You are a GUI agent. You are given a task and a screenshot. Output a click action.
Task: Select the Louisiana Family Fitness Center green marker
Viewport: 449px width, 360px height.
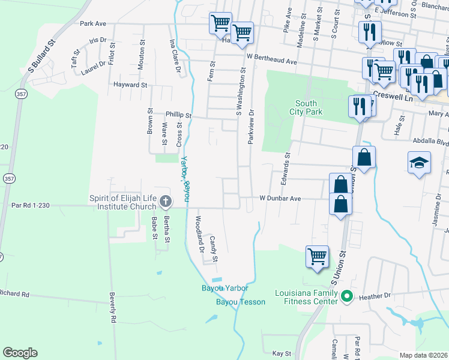tap(346, 296)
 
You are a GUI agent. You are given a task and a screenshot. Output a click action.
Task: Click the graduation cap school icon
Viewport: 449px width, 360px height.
tap(418, 163)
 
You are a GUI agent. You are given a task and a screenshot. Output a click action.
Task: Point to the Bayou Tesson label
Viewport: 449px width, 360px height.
tap(240, 302)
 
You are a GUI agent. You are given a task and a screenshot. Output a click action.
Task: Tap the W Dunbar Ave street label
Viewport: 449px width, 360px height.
tap(279, 198)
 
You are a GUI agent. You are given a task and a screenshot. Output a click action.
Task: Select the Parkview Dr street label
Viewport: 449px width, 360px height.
tap(252, 126)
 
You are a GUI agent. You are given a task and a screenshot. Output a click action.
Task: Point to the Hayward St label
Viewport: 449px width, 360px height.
tap(130, 85)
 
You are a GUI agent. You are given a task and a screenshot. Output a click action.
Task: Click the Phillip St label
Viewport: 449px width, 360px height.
tap(178, 115)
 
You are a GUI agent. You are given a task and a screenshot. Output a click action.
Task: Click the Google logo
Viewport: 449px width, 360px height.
tap(20, 353)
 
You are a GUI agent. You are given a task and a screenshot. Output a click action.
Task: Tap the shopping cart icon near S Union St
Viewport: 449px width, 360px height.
tap(317, 256)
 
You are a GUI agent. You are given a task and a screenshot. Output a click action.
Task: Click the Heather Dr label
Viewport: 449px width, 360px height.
tap(375, 296)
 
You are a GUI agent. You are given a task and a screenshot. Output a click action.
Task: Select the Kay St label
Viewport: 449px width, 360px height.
tap(282, 353)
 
